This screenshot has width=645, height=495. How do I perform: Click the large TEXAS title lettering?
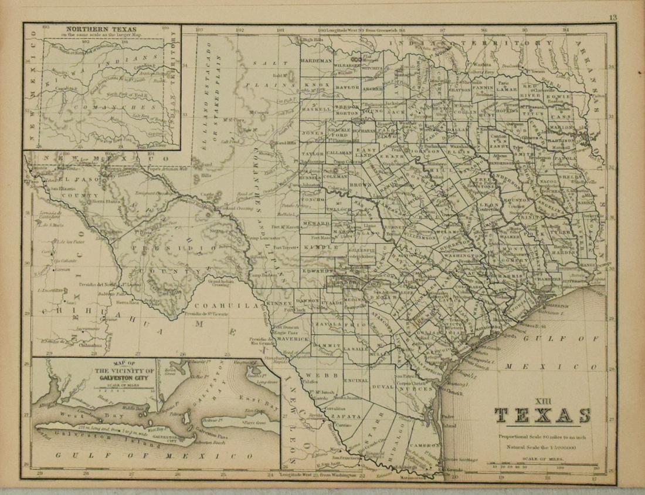click(542, 416)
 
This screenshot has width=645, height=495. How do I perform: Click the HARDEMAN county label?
click(316, 60)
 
